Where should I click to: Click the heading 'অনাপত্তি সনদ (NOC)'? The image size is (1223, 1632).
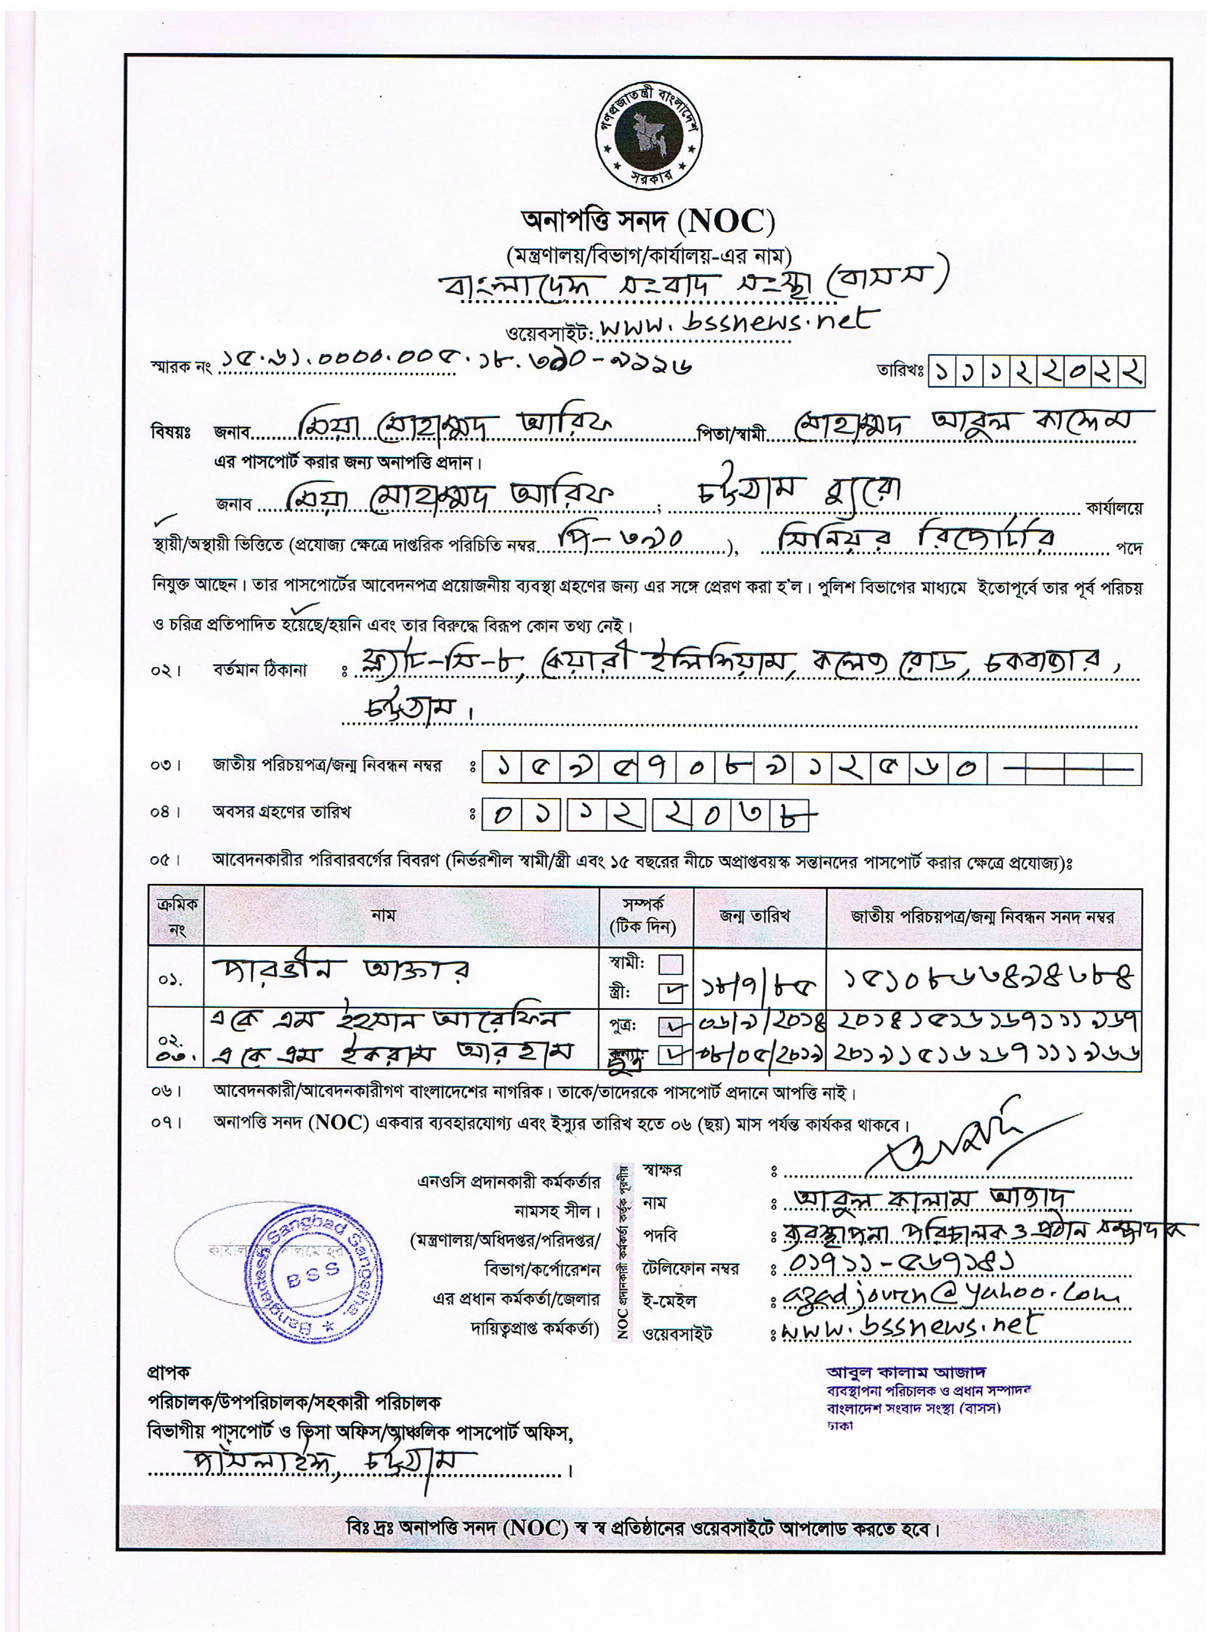point(648,220)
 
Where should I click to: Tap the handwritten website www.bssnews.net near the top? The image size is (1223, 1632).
point(737,322)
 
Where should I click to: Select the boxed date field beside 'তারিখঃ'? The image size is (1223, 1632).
point(1036,372)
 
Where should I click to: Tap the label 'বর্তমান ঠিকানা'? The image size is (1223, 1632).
point(260,671)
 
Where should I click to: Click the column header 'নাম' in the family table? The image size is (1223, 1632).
point(384,916)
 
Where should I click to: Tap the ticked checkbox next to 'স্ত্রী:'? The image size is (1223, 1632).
point(671,993)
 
